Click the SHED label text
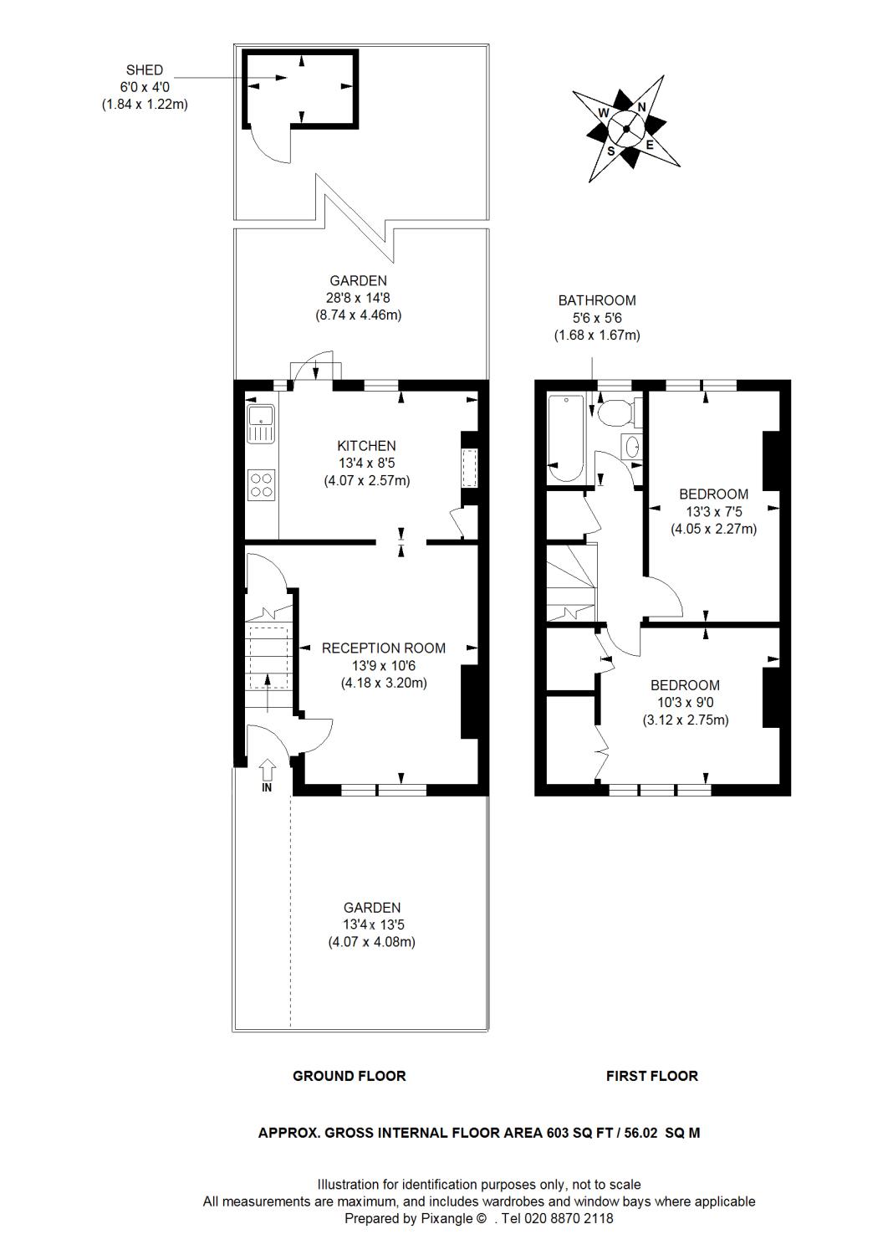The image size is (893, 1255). (144, 70)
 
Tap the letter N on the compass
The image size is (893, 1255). (641, 107)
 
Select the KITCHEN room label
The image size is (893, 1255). (366, 446)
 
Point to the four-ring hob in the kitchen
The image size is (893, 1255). (262, 484)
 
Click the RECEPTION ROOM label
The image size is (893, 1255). (384, 648)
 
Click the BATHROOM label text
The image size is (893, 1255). (597, 300)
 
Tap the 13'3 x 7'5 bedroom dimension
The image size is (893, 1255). (713, 511)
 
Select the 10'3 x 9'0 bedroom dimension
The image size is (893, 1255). (685, 703)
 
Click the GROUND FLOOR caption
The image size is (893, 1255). (349, 1076)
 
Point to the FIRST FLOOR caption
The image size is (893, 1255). (651, 1076)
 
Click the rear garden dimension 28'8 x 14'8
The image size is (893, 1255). (358, 298)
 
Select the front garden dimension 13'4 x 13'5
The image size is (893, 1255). (371, 925)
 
